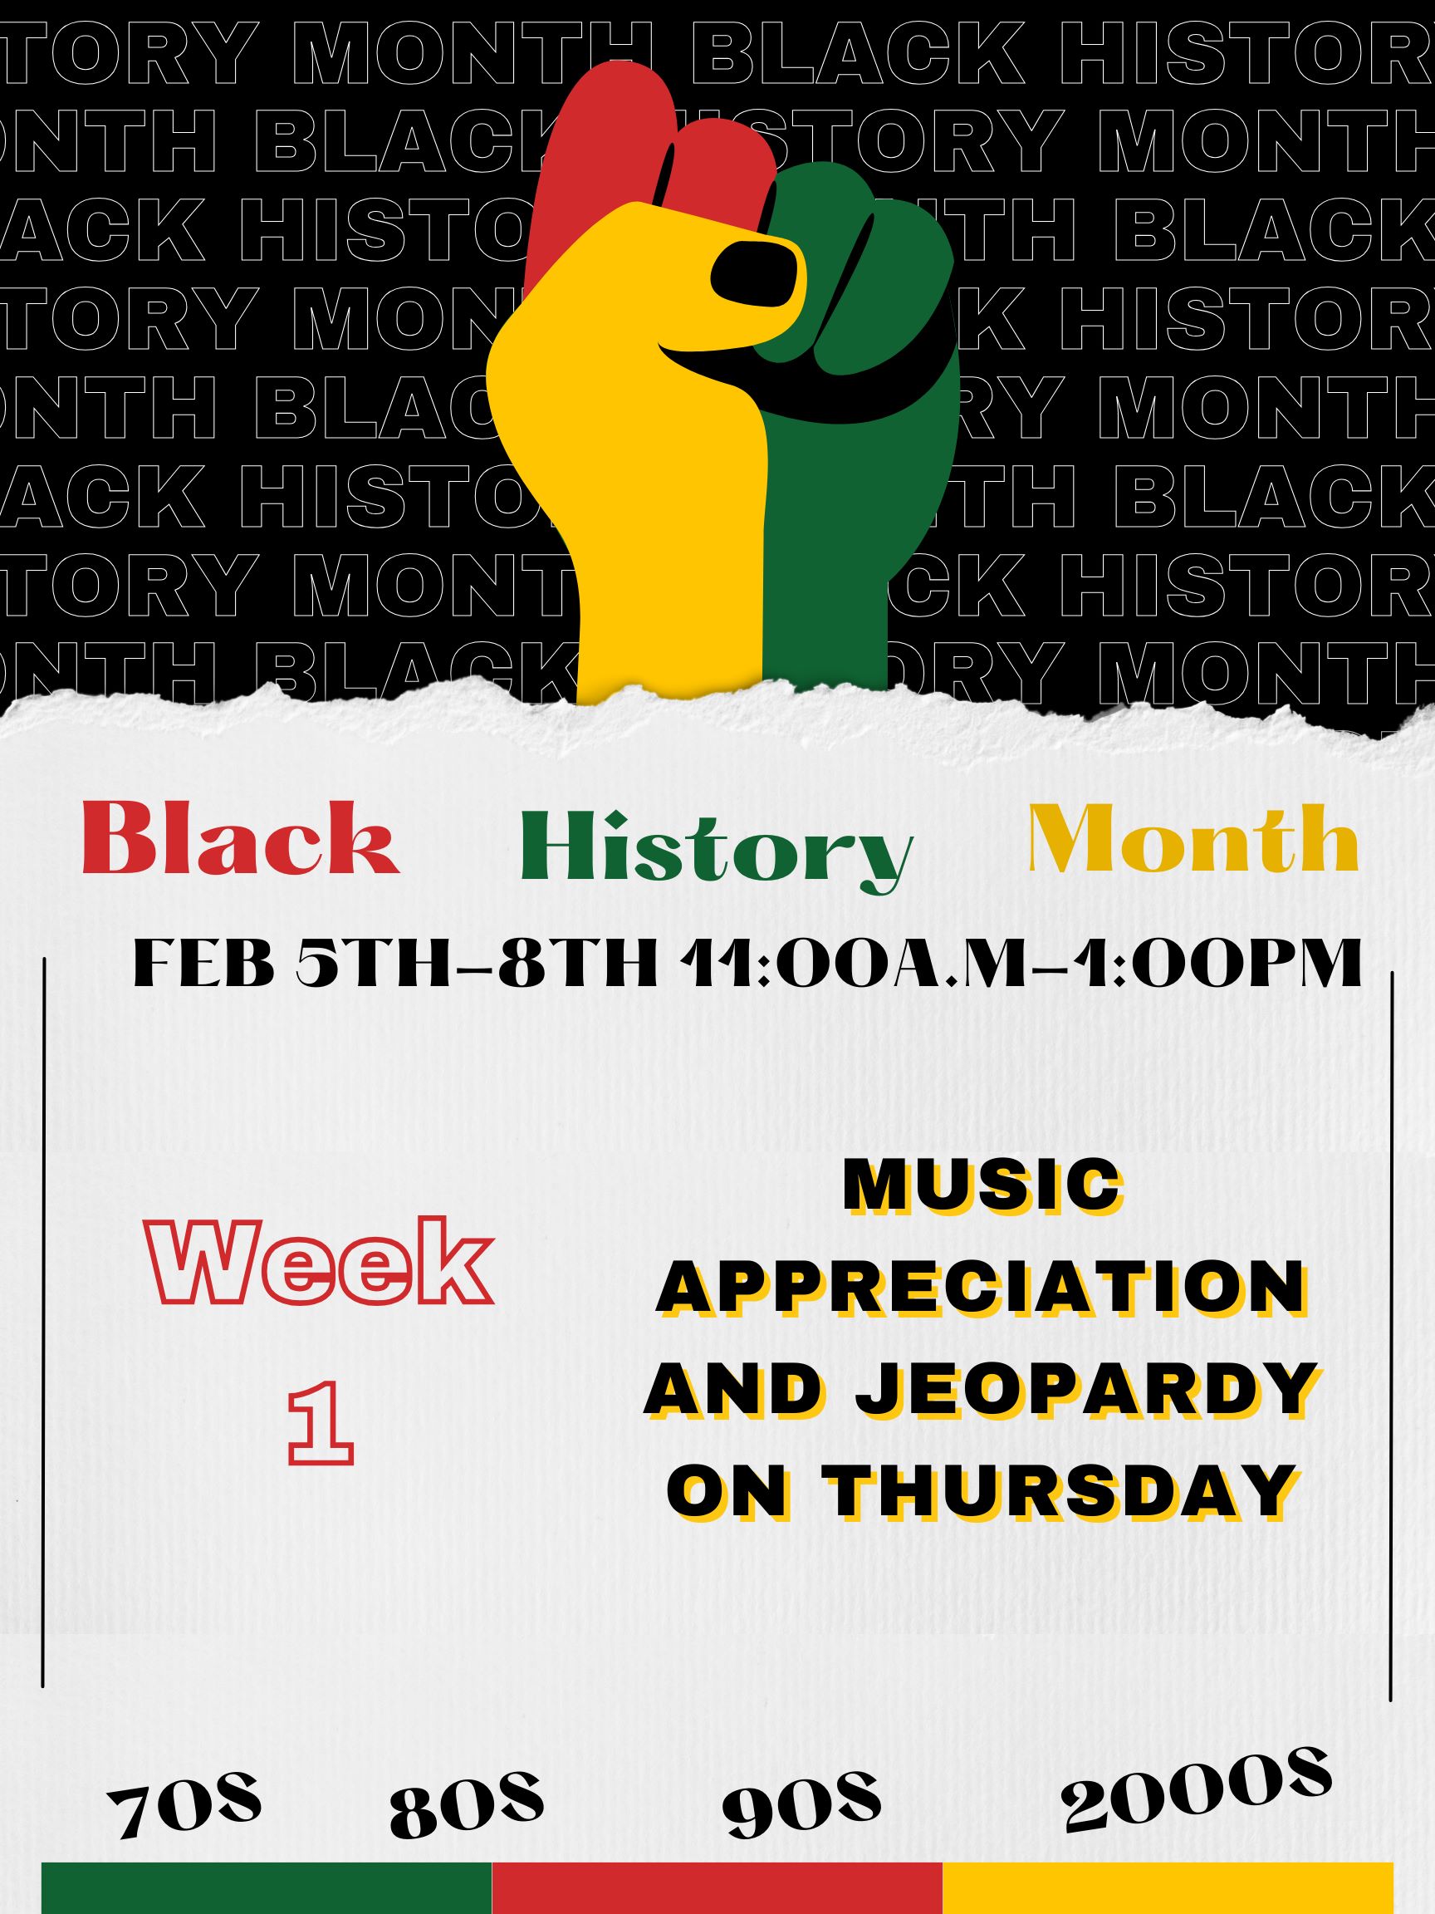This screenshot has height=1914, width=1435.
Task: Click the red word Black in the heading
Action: coord(240,838)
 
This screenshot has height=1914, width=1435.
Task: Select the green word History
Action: coord(716,851)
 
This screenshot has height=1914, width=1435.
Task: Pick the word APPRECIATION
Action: coord(980,1287)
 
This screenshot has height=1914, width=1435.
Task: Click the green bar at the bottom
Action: coord(267,1888)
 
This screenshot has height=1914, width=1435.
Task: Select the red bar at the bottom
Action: coord(717,1888)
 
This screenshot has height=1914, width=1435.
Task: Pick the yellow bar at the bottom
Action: coord(1168,1888)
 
